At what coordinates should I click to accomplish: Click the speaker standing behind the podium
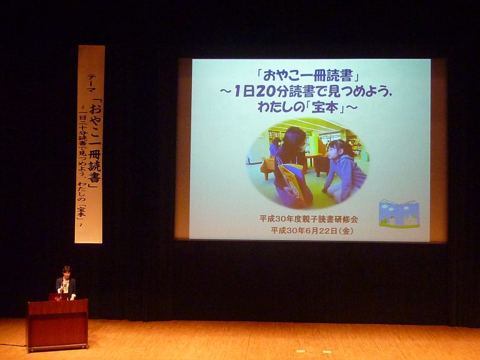(x=66, y=283)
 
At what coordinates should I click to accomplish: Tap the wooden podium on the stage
(x=57, y=325)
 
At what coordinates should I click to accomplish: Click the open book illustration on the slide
(x=399, y=214)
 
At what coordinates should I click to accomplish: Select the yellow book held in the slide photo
(x=292, y=181)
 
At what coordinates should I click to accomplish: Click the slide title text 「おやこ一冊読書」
(x=308, y=76)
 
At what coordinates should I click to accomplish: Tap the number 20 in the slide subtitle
(x=269, y=91)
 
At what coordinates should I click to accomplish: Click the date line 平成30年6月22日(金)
(x=312, y=230)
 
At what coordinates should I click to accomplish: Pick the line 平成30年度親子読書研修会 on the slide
(x=309, y=219)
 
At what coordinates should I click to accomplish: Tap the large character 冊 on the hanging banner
(x=94, y=156)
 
